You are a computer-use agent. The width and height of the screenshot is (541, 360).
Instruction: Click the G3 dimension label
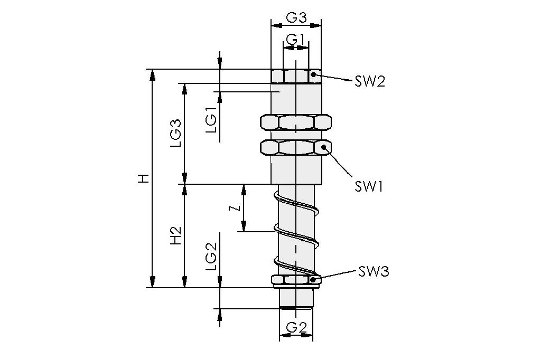[296, 17]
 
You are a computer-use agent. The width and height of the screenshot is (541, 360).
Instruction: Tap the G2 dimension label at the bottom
[296, 328]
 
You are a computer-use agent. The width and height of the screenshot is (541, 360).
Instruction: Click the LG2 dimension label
[211, 258]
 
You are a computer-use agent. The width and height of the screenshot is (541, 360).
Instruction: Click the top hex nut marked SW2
[296, 76]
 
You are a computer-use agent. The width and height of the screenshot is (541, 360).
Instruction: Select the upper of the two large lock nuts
[296, 122]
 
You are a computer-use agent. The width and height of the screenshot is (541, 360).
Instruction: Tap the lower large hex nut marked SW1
[296, 147]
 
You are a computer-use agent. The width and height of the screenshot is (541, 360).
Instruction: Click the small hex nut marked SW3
[296, 280]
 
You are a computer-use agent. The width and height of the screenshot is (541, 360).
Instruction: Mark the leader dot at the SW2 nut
[313, 74]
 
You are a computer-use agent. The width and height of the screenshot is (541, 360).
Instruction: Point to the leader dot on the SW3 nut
[314, 279]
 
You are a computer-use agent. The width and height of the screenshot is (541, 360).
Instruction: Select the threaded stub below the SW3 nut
[296, 298]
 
